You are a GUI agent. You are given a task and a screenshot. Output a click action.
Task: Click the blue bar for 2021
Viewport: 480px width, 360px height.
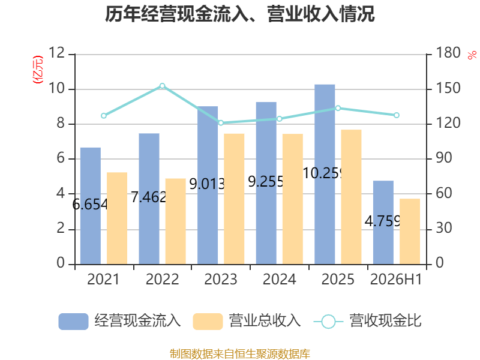pos(91,206)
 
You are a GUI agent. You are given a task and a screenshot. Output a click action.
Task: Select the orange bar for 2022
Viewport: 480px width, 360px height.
pos(176,221)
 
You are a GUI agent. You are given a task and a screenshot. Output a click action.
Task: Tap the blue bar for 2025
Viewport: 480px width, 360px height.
pos(325,174)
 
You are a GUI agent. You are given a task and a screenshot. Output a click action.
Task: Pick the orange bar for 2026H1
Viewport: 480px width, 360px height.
pos(410,232)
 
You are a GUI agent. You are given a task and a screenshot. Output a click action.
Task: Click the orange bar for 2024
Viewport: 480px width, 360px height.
pos(293,199)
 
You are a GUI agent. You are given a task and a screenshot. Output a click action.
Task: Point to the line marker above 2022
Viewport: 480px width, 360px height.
pos(162,86)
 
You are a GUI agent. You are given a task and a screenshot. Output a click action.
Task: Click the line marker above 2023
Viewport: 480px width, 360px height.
pos(221,123)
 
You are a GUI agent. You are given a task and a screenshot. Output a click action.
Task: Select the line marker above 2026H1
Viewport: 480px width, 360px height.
pos(397,115)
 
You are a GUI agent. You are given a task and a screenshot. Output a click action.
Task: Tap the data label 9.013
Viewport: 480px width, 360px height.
pos(207,184)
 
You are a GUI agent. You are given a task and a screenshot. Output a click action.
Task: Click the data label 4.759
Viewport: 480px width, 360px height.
pos(382,221)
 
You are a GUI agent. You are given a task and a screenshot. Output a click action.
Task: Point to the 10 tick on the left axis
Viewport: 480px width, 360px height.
pos(56,88)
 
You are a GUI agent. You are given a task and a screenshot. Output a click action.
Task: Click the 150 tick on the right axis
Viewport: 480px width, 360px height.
pos(448,88)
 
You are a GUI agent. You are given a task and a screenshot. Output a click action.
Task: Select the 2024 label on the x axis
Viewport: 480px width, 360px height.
pos(279,279)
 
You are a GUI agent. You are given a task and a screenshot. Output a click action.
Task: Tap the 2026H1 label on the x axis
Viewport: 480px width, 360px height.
pos(396,279)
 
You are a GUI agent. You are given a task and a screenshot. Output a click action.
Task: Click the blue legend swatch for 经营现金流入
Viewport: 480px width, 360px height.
pos(73,322)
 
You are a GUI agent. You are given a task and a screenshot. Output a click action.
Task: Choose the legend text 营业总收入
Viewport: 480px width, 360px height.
pos(265,321)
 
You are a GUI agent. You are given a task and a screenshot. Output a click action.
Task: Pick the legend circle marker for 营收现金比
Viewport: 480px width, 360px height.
pos(328,322)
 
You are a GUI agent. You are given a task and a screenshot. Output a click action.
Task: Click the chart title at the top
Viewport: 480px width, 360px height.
pos(239,14)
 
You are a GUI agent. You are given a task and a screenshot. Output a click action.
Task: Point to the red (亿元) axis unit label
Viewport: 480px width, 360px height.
pos(38,70)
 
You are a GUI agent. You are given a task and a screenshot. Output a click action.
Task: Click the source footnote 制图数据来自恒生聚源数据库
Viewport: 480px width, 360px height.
pos(239,354)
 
